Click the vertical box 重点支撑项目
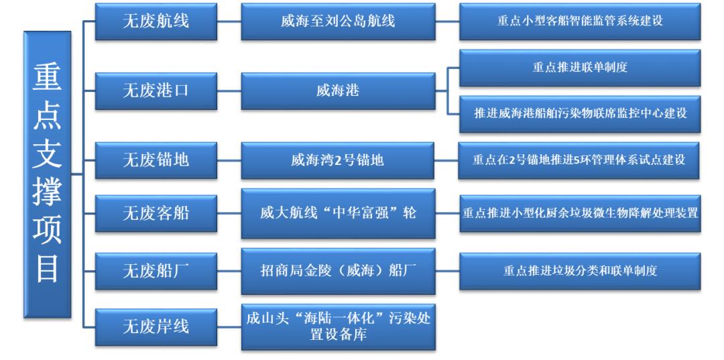tap(48, 174)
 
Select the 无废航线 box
tap(156, 21)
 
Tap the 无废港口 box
tap(156, 91)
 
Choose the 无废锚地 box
tap(156, 160)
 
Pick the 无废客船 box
tap(156, 213)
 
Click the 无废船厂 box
tap(156, 271)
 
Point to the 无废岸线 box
tap(156, 326)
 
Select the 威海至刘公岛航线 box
tap(338, 21)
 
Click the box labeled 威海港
tap(338, 91)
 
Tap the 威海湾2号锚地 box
tap(337, 160)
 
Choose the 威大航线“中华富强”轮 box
tap(338, 213)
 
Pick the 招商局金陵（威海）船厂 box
tap(338, 271)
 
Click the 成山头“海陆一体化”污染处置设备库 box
tap(338, 326)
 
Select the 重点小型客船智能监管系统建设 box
tap(580, 21)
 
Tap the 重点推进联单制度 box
tap(580, 68)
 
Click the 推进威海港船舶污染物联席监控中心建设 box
tap(580, 113)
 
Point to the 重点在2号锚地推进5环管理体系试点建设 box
tap(579, 160)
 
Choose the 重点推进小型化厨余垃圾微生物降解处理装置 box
tap(580, 213)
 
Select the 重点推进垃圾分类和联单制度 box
tap(580, 271)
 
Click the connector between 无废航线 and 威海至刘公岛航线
tap(229, 21)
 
